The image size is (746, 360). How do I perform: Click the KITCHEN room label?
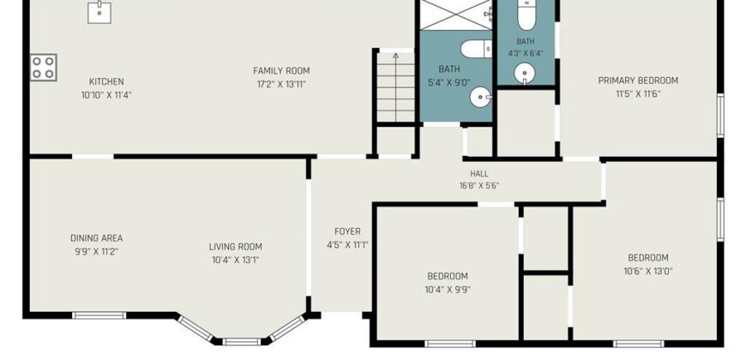point(106,81)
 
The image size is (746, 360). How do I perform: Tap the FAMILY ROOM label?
point(281,71)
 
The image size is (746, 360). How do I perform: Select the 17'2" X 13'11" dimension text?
point(281,84)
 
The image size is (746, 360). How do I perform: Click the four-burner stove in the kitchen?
point(43,67)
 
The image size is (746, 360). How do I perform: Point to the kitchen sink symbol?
point(99,12)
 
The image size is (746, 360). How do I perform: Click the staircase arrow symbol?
point(396,87)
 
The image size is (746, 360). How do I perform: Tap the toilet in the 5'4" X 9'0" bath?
point(476,49)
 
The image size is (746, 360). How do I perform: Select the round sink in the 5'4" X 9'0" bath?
point(480,97)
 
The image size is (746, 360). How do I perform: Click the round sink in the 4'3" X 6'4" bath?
point(525,74)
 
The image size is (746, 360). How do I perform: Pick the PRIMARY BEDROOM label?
point(638,81)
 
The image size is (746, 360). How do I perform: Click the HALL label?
point(479,174)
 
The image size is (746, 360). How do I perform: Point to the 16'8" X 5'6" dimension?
point(479,185)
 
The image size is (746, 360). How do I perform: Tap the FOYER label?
point(347,231)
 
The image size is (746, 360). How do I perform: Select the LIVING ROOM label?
point(236,247)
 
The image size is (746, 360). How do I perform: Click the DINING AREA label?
point(97,238)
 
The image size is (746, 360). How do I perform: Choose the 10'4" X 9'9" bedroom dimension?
point(448,289)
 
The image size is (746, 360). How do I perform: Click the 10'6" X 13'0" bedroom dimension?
point(648,271)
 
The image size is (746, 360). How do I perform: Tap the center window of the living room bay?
point(242,341)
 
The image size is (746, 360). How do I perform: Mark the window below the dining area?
point(99,315)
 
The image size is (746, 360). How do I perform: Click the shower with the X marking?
point(455,15)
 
